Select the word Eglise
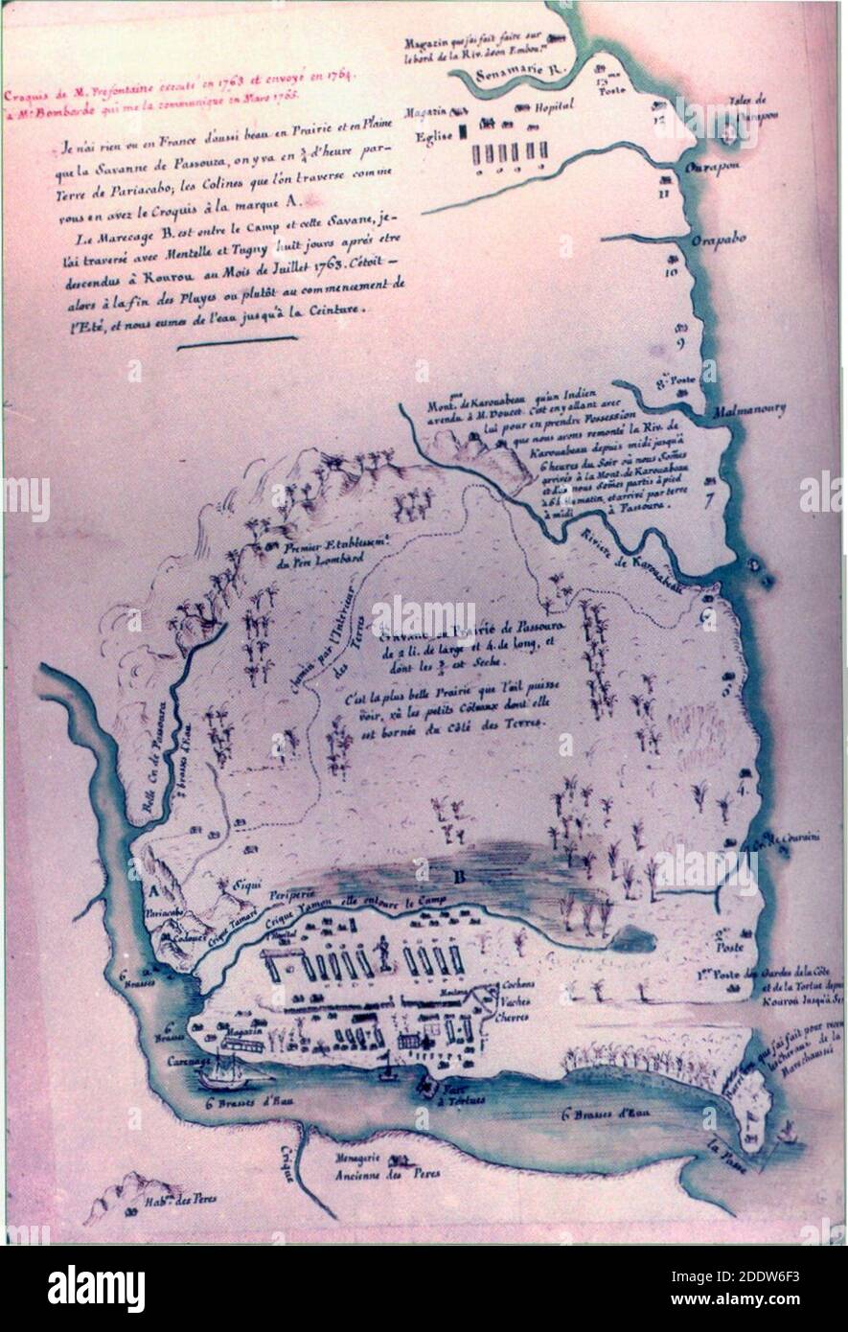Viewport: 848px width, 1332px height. coord(433,137)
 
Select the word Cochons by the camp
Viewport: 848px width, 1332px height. coord(520,988)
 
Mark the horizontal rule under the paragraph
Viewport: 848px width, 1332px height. coord(238,337)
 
